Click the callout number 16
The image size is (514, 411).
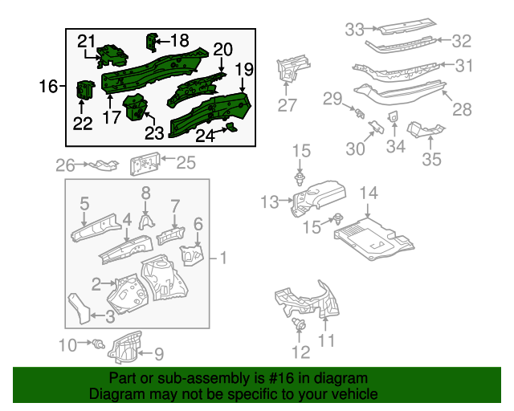pyautogui.click(x=48, y=86)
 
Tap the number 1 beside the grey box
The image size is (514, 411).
pyautogui.click(x=223, y=258)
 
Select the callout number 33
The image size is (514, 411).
pyautogui.click(x=355, y=30)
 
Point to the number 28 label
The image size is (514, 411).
pyautogui.click(x=462, y=109)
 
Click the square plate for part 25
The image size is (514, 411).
pyautogui.click(x=144, y=165)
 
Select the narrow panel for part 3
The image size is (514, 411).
pyautogui.click(x=78, y=308)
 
